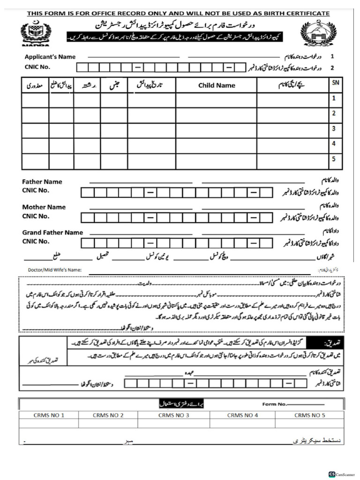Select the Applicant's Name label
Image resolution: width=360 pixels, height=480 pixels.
pyautogui.click(x=50, y=57)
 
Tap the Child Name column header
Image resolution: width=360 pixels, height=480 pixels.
pyautogui.click(x=217, y=85)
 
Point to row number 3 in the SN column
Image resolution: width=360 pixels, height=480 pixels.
pyautogui.click(x=334, y=128)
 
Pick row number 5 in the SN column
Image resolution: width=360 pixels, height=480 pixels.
pyautogui.click(x=334, y=159)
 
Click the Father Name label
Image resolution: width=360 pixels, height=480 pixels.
pyautogui.click(x=42, y=181)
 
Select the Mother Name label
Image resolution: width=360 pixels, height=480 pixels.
pyautogui.click(x=44, y=207)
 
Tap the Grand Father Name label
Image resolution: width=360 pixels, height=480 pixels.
pyautogui.click(x=52, y=232)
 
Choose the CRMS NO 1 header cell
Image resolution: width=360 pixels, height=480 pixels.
pyautogui.click(x=49, y=415)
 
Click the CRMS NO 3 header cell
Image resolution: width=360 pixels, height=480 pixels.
pyautogui.click(x=173, y=415)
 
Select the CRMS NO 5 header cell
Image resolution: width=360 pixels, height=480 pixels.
pyautogui.click(x=310, y=415)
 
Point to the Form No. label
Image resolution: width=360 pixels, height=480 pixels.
pyautogui.click(x=274, y=404)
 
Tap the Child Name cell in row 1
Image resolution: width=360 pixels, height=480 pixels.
pyautogui.click(x=217, y=100)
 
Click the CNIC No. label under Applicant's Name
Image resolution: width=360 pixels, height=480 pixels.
pyautogui.click(x=37, y=67)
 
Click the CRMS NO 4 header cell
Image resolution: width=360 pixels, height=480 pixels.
pyautogui.click(x=242, y=415)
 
